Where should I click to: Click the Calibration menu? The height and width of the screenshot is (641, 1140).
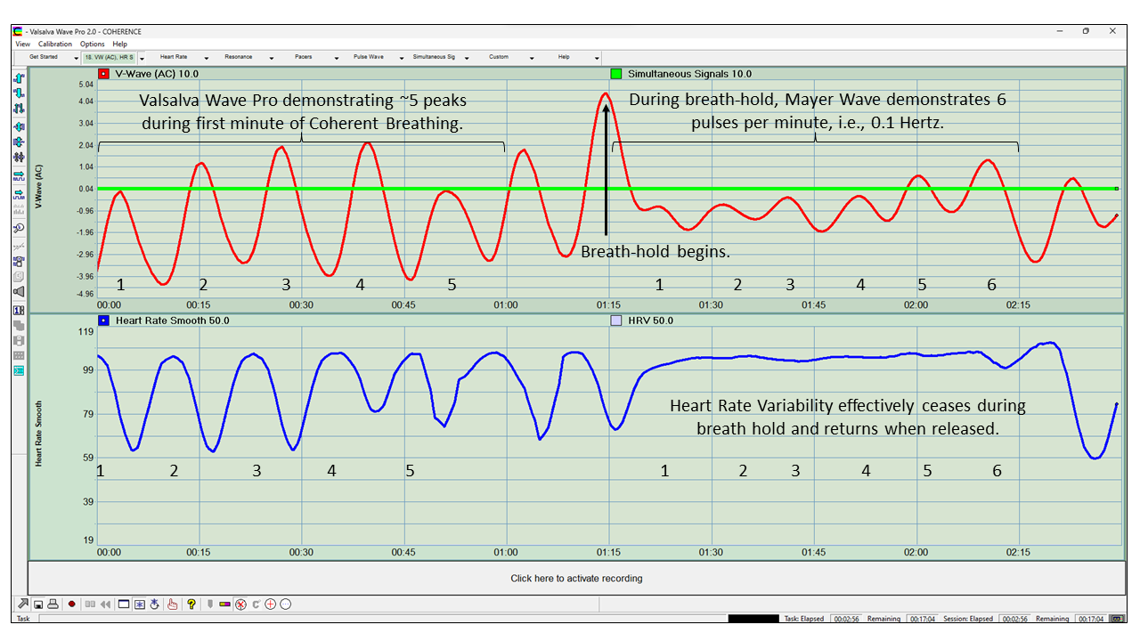pyautogui.click(x=55, y=44)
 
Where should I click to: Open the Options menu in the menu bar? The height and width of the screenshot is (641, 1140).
pyautogui.click(x=92, y=44)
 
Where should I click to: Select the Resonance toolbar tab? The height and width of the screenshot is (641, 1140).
pyautogui.click(x=239, y=57)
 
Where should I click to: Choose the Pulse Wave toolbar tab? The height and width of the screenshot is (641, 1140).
pyautogui.click(x=368, y=57)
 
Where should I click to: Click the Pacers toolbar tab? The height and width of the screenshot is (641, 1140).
pyautogui.click(x=304, y=57)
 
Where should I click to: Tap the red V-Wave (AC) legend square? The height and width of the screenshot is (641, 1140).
pyautogui.click(x=104, y=74)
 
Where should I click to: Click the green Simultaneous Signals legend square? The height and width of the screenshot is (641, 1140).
pyautogui.click(x=615, y=74)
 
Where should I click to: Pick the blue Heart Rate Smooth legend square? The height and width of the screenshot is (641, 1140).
pyautogui.click(x=104, y=320)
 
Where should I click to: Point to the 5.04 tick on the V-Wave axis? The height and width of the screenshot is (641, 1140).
pyautogui.click(x=86, y=85)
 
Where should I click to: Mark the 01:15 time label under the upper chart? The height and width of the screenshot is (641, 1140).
pyautogui.click(x=608, y=305)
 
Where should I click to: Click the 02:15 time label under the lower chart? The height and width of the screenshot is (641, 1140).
pyautogui.click(x=1018, y=552)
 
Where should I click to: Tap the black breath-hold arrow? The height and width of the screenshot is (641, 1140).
pyautogui.click(x=606, y=169)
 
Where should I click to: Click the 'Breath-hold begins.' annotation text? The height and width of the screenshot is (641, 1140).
pyautogui.click(x=655, y=252)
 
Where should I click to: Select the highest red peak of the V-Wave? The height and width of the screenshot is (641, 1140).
pyautogui.click(x=606, y=93)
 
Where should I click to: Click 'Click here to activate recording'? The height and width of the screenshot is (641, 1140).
pyautogui.click(x=576, y=579)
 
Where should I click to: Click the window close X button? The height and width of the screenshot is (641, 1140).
pyautogui.click(x=1112, y=31)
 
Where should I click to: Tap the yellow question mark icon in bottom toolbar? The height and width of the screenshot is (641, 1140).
pyautogui.click(x=191, y=604)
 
